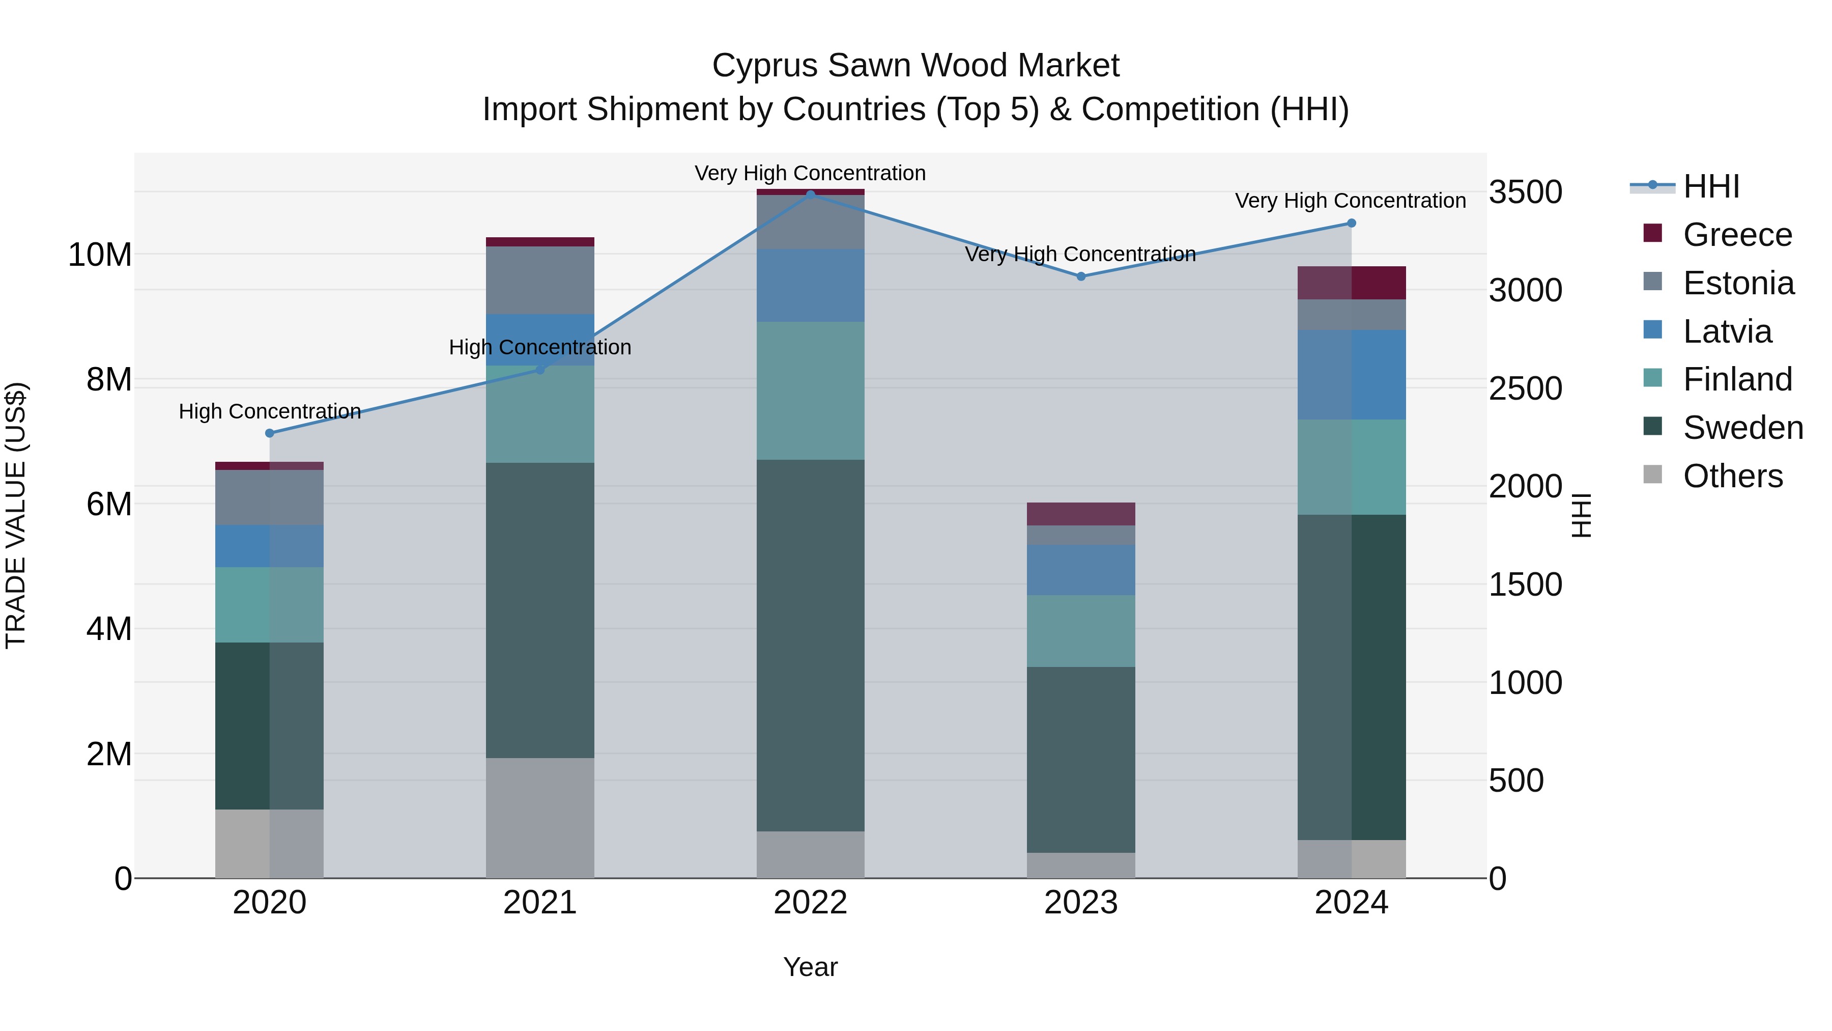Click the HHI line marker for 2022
click(810, 194)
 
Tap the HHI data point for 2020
click(270, 433)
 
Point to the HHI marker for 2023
click(1081, 276)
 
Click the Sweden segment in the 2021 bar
click(540, 610)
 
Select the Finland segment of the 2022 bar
click(810, 391)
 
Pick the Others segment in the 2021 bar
click(540, 818)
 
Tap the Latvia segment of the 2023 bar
click(1081, 570)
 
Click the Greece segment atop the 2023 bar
click(1081, 514)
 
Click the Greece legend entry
click(1737, 235)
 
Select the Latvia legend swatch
click(1653, 330)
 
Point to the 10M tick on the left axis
click(100, 255)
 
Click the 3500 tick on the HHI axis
click(1526, 192)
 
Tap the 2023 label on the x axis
click(1081, 903)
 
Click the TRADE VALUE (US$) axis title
click(16, 515)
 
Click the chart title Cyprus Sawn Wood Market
click(915, 66)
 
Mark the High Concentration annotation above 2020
click(270, 411)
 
